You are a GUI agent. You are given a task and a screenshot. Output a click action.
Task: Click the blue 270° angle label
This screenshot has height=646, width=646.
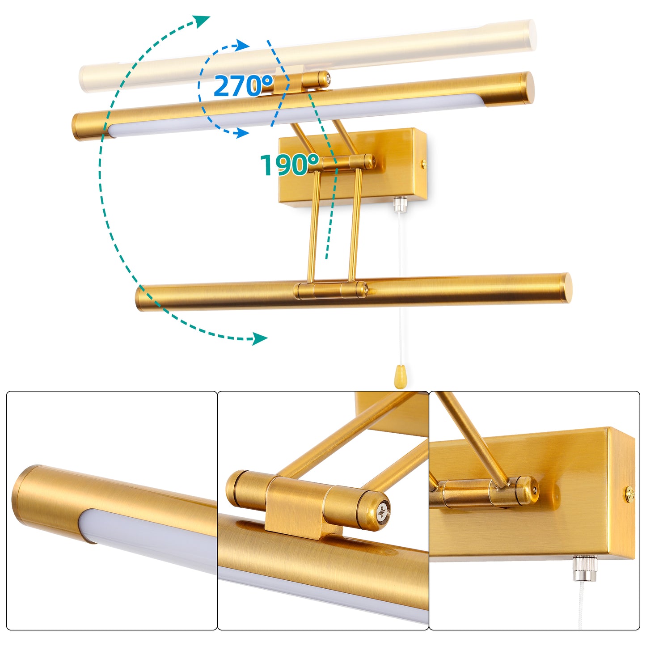[243, 86]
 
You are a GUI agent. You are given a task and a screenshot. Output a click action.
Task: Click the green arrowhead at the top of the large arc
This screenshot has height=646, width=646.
[201, 21]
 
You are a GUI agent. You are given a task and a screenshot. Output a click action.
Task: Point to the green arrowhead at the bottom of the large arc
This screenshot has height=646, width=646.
[259, 338]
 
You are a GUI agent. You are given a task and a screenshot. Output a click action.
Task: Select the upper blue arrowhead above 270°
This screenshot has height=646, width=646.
[242, 45]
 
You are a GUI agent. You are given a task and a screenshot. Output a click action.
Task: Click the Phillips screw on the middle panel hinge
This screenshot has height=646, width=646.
[383, 512]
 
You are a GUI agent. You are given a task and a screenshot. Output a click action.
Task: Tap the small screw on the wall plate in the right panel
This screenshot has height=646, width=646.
[629, 494]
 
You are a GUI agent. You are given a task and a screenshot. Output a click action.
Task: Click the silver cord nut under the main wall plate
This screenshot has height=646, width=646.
[400, 203]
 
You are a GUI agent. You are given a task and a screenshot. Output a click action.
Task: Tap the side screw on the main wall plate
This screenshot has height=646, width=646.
[424, 164]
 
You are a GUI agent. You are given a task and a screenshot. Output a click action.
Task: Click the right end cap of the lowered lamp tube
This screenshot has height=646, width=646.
[566, 288]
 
